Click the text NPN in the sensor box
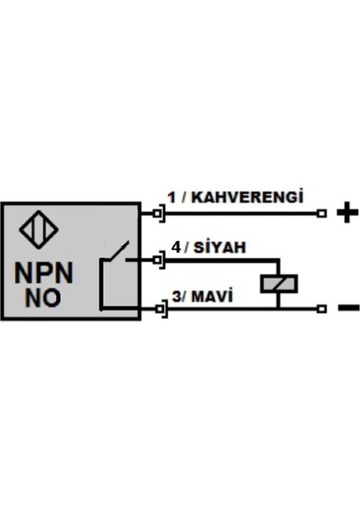[44, 274]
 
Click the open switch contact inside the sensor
[115, 252]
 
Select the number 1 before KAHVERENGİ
[171, 198]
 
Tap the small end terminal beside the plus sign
[321, 214]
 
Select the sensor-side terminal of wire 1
[158, 214]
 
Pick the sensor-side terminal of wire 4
[158, 260]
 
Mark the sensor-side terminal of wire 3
[158, 310]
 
